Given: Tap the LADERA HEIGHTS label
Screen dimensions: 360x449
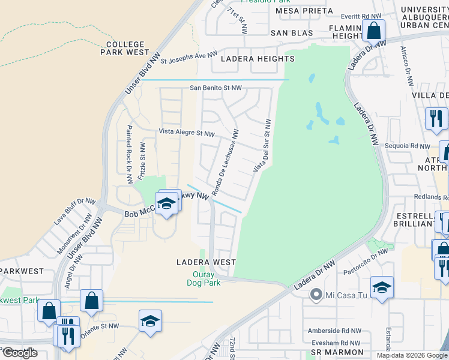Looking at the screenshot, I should coord(258,59).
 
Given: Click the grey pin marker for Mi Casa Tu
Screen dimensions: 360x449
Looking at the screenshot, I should coord(315,295).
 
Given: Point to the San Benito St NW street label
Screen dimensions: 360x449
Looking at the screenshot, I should coord(215,88).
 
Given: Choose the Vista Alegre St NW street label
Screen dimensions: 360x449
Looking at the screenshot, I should coord(186,133).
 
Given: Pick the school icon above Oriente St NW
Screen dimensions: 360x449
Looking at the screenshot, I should coord(150,320).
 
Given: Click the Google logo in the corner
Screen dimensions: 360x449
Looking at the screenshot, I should coord(20,353).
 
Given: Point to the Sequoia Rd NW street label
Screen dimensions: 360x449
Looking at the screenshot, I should coord(408,146).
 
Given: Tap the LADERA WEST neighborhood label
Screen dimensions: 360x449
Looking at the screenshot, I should coord(206,262).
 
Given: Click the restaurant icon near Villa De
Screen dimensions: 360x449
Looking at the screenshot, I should coord(436,117).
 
